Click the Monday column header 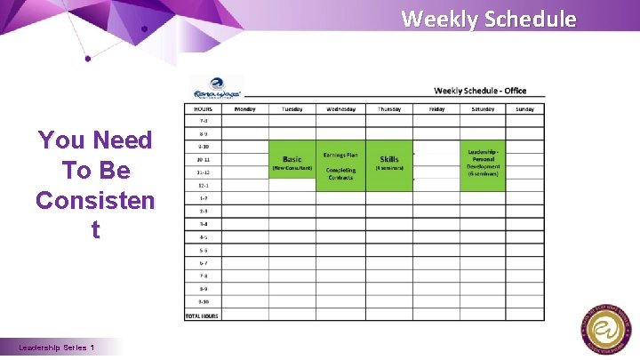[x=244, y=109]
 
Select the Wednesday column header [x=340, y=109]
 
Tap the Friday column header [x=436, y=109]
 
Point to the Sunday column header [x=525, y=109]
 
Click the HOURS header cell [x=204, y=109]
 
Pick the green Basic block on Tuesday [x=292, y=164]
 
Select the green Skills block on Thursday [x=389, y=164]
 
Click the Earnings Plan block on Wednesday [x=340, y=164]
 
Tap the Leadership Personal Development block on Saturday [x=484, y=164]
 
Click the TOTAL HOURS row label [x=204, y=315]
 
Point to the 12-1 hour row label [x=204, y=185]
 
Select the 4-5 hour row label [x=204, y=237]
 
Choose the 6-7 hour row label [x=204, y=263]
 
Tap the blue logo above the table [x=216, y=87]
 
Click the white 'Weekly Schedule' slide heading [x=488, y=18]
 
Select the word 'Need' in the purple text [x=121, y=140]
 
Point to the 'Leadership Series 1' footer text [x=57, y=348]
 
